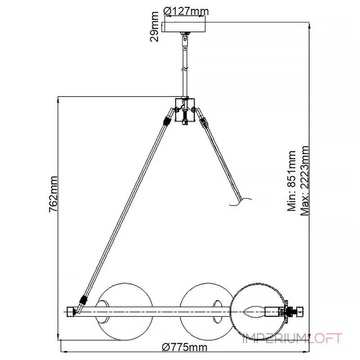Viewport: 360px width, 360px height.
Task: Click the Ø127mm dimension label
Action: coord(186,11)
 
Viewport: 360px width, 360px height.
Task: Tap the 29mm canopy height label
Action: coord(154,27)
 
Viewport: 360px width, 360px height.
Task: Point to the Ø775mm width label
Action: coord(184,347)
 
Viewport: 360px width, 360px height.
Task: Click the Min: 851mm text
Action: coord(292,181)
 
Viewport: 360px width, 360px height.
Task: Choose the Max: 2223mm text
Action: coord(305,181)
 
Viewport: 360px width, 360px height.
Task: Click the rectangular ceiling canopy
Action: coord(184,27)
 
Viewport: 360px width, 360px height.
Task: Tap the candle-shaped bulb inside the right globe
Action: coord(254,312)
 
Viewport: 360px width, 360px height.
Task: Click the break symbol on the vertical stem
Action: coord(184,68)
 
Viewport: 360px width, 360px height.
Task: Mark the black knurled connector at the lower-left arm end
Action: coord(84,300)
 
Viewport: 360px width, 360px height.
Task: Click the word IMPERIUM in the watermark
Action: coord(274,338)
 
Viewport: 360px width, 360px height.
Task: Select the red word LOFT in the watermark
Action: coord(324,338)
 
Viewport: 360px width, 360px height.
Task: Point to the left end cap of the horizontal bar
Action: coord(71,312)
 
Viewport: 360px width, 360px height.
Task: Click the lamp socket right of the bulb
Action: coord(273,312)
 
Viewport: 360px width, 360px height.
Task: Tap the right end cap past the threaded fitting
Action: coord(300,312)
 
